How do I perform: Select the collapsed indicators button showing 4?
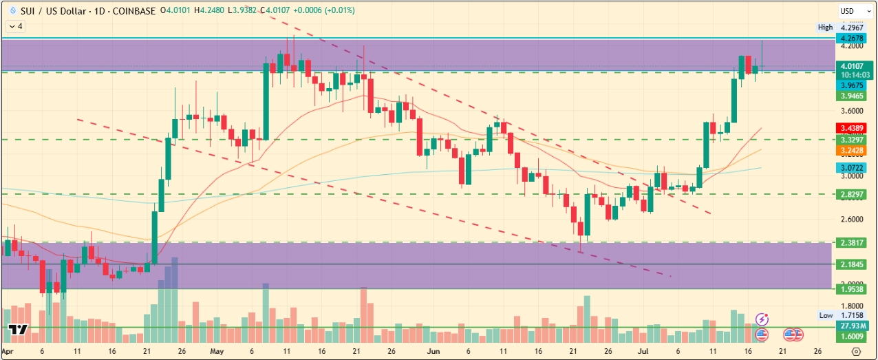14,26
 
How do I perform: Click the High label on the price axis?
825,28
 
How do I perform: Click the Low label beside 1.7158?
826,315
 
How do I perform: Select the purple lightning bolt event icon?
762,319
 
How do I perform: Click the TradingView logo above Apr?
19,329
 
